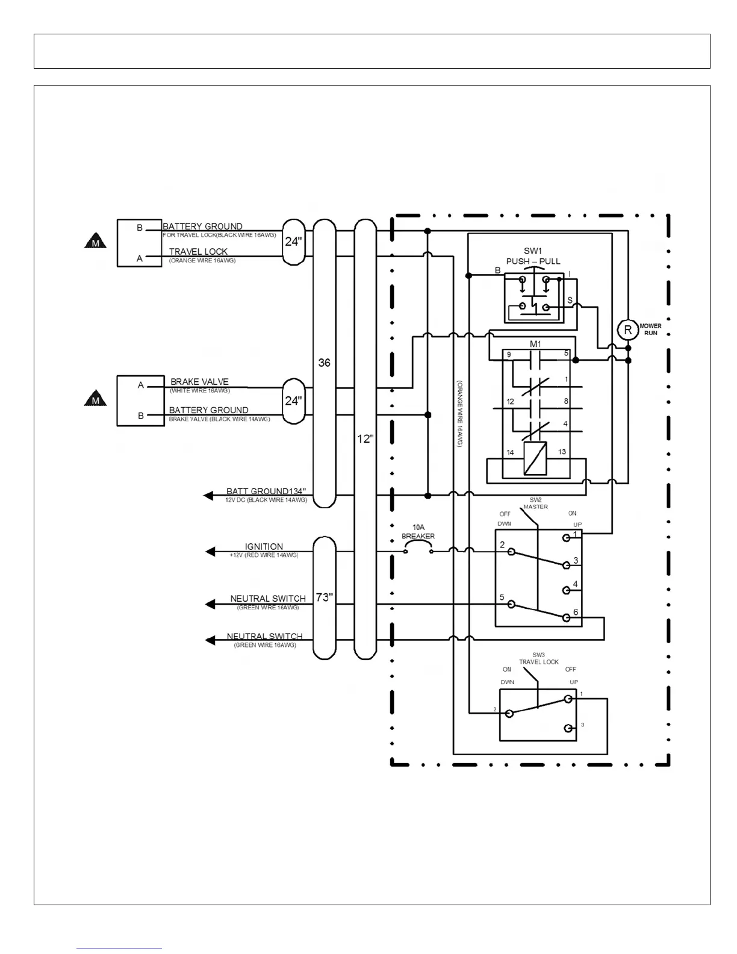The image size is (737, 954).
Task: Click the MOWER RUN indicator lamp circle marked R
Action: coord(627,329)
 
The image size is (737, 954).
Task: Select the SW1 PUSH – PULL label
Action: coord(533,256)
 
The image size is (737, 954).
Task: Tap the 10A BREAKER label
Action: coord(418,532)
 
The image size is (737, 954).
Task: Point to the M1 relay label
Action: coord(535,344)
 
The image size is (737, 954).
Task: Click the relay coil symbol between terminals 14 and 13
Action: coord(535,458)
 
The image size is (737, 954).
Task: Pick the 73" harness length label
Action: coord(325,597)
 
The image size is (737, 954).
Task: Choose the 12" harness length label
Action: coord(365,439)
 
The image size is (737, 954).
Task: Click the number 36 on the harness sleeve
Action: coord(324,363)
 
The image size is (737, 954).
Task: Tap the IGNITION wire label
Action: coord(264,547)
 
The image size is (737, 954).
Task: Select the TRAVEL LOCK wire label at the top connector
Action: coord(198,252)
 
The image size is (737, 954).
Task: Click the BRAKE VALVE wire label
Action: coord(199,382)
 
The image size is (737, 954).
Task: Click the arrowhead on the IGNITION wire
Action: coord(210,552)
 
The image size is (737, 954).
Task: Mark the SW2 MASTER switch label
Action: coord(535,503)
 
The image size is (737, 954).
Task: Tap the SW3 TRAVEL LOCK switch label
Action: coord(539,658)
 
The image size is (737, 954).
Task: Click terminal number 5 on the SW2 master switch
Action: coord(502,597)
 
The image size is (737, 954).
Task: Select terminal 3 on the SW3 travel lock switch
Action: coord(582,725)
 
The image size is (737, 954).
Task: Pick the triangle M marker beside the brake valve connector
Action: coord(95,399)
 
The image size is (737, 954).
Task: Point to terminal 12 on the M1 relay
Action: coord(510,401)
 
